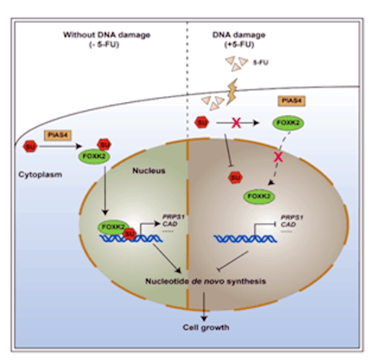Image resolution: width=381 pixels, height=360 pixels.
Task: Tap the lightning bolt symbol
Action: tap(233, 92)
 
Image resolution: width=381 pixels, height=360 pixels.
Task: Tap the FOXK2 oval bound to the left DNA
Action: tap(112, 226)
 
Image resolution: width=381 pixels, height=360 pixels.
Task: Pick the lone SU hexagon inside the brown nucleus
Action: tap(235, 177)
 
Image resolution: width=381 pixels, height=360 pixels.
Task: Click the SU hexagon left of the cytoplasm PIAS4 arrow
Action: tap(30, 145)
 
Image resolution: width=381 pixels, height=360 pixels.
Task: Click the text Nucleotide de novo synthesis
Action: tap(205, 281)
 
